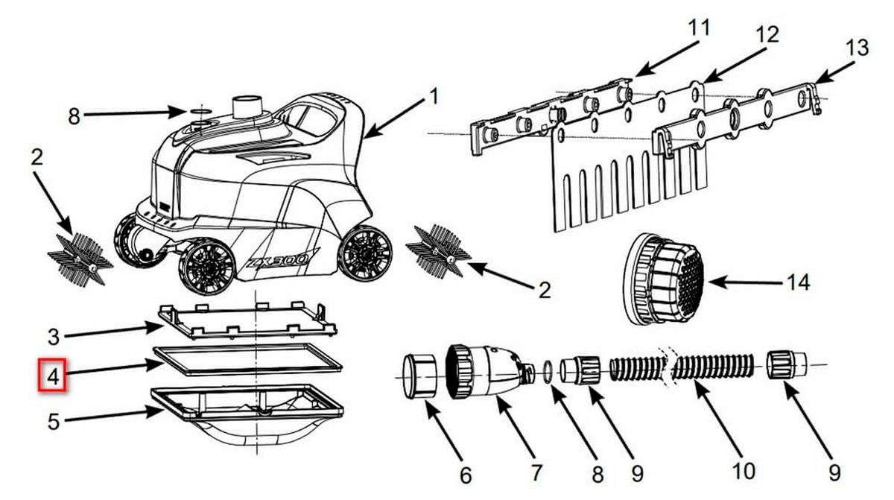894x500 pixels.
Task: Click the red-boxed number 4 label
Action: pyautogui.click(x=52, y=376)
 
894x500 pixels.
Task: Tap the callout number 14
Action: pyautogui.click(x=798, y=282)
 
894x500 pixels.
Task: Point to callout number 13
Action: pyautogui.click(x=857, y=48)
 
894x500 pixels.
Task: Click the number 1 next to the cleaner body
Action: pyautogui.click(x=434, y=96)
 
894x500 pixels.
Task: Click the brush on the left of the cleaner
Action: pyautogui.click(x=80, y=259)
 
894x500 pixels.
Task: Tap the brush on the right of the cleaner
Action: pyautogui.click(x=438, y=250)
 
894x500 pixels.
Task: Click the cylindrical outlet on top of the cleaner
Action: pyautogui.click(x=247, y=107)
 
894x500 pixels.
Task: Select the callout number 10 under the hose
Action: pyautogui.click(x=744, y=471)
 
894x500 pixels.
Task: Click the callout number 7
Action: pyautogui.click(x=536, y=473)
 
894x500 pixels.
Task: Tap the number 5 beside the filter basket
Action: pyautogui.click(x=54, y=422)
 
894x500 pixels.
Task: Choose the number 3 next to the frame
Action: pyautogui.click(x=54, y=338)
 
